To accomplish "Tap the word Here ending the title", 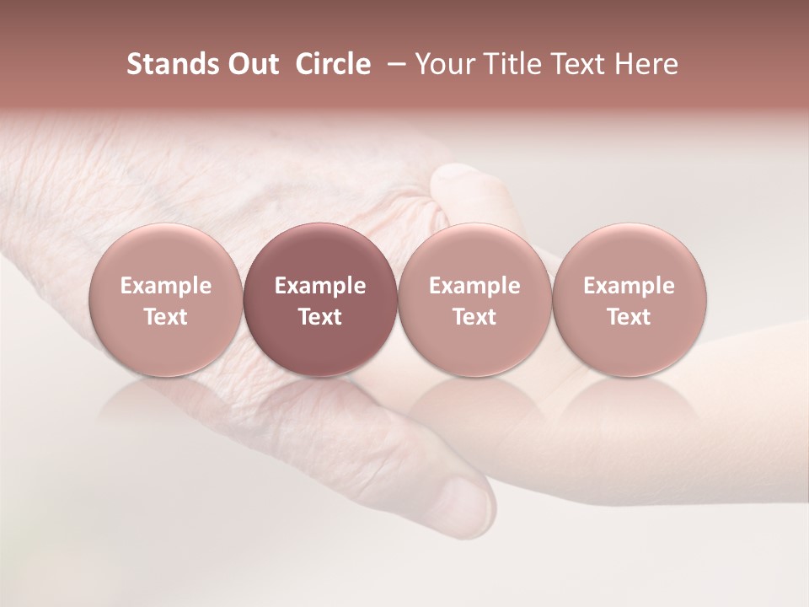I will [646, 64].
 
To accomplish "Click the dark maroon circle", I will [320, 300].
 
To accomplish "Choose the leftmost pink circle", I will [165, 300].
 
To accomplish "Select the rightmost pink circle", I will [629, 300].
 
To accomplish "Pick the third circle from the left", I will [474, 300].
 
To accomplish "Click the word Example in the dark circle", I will [320, 286].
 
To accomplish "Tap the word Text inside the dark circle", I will [320, 317].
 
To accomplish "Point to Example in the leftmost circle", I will [165, 286].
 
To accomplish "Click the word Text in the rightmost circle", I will [629, 317].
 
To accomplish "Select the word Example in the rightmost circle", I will [629, 286].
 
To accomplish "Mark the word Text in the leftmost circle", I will [165, 317].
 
